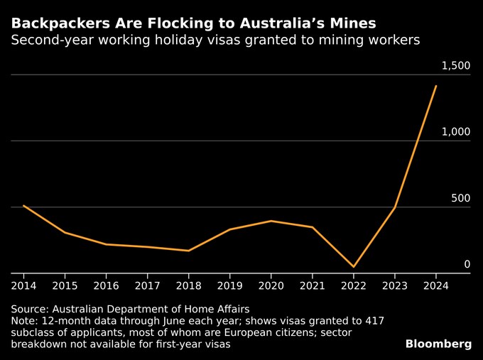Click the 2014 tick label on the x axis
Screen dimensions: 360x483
coord(23,285)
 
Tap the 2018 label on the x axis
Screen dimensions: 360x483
coord(188,285)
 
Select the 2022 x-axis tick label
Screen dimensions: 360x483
coord(353,285)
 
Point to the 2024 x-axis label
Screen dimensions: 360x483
coord(435,285)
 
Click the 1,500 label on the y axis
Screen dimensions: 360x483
coord(456,66)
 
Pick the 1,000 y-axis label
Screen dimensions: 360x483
coord(456,132)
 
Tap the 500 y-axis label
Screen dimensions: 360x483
coord(460,198)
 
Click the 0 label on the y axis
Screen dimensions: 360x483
coord(467,264)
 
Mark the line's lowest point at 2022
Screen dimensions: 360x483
coord(353,267)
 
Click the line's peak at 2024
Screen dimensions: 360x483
coord(435,86)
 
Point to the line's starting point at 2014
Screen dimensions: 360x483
coord(23,206)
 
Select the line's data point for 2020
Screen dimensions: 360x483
coord(271,221)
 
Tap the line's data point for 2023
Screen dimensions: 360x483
coord(394,208)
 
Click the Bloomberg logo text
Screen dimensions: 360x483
coord(438,344)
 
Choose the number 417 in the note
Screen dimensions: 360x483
coord(374,321)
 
